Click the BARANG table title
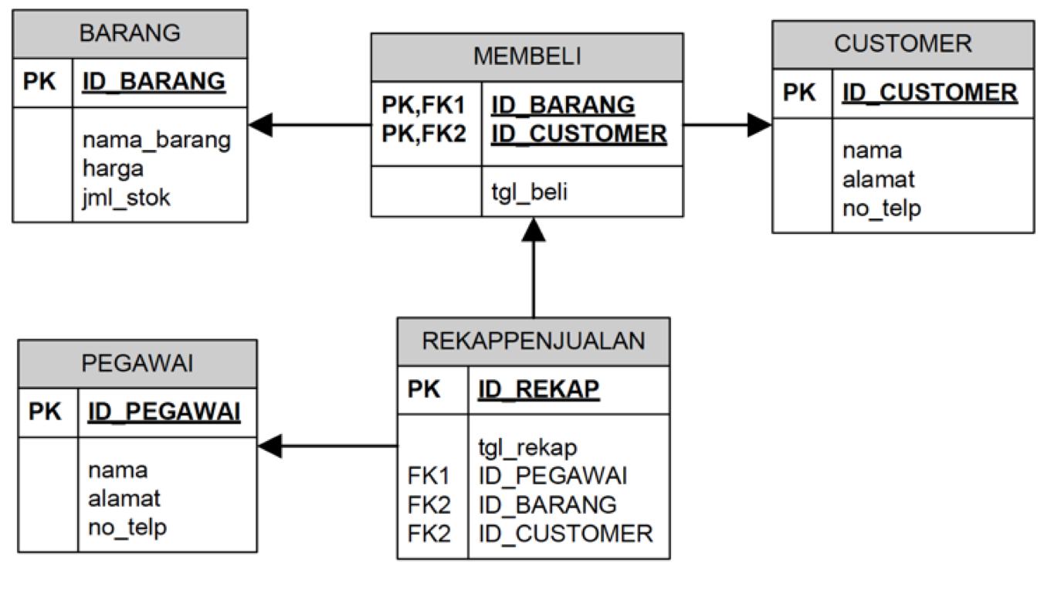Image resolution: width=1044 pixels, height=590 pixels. click(x=130, y=33)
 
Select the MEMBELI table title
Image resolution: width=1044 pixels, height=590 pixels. click(x=527, y=56)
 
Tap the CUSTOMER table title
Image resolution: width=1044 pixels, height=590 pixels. click(x=903, y=43)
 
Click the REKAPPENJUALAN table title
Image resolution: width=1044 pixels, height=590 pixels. click(x=533, y=341)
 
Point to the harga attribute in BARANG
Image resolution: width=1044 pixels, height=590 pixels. click(x=113, y=168)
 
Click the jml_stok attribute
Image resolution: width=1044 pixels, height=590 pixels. click(x=126, y=197)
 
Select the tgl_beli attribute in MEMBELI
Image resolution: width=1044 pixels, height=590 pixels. click(x=529, y=192)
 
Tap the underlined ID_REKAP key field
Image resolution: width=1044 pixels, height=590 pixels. click(x=538, y=390)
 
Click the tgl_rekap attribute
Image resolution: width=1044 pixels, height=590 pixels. click(x=528, y=447)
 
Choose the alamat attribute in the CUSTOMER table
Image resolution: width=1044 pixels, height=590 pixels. click(x=878, y=179)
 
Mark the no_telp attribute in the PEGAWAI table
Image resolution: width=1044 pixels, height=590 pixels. click(x=127, y=527)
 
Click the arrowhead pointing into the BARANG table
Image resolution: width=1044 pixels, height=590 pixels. click(x=260, y=124)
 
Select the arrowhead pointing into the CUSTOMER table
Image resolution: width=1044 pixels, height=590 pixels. click(x=760, y=124)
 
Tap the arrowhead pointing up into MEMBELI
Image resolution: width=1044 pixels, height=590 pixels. click(x=533, y=229)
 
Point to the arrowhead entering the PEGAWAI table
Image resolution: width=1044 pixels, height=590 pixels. click(x=270, y=446)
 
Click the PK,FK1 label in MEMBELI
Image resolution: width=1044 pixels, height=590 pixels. click(x=424, y=104)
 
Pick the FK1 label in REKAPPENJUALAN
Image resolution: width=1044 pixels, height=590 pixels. click(x=428, y=476)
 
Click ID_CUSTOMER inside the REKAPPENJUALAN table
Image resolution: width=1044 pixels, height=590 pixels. click(x=565, y=533)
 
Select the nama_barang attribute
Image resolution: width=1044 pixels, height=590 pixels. click(x=156, y=140)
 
